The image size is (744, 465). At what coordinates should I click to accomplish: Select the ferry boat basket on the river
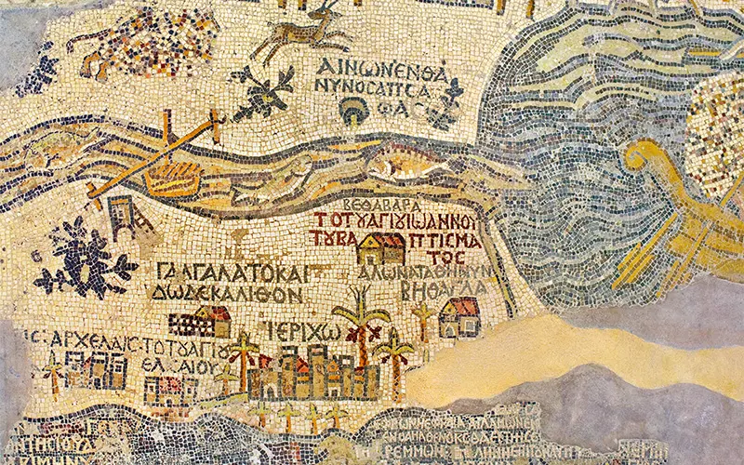173,178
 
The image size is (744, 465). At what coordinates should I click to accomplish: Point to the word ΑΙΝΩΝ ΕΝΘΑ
381,68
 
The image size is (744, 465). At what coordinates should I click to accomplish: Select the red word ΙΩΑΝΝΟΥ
436,221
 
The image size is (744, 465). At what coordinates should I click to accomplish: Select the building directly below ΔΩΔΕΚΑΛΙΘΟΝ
200,322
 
